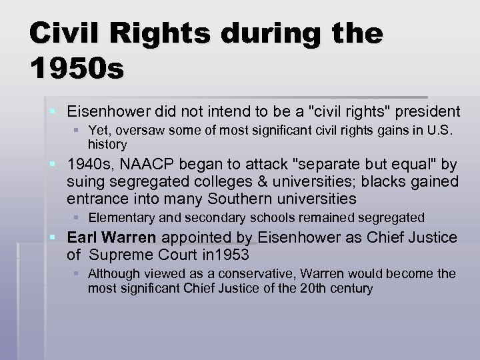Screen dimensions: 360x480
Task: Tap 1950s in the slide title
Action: tap(76, 68)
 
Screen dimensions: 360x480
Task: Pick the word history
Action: tap(107, 144)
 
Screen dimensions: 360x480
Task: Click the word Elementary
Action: tap(117, 217)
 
